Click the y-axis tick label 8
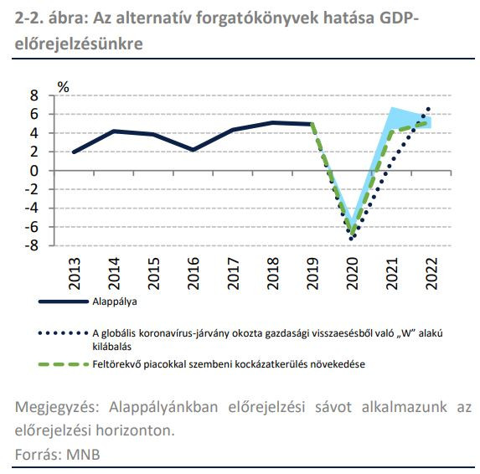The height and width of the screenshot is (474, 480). point(34,95)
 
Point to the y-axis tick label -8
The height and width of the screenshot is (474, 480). point(32,245)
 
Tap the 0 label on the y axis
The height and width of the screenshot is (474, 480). point(34,171)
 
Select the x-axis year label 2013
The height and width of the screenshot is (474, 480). point(75,273)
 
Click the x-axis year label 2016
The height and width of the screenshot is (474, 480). point(194,273)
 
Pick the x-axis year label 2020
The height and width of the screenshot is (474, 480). point(353,273)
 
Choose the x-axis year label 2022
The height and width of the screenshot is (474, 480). point(431,273)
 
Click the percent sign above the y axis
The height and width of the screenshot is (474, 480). point(64,87)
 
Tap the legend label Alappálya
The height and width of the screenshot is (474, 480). point(115,301)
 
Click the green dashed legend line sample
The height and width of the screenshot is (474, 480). point(64,364)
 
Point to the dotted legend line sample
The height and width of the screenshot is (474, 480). point(64,333)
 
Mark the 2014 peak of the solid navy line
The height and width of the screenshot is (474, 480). point(114,131)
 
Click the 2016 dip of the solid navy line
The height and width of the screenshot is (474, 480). point(194,150)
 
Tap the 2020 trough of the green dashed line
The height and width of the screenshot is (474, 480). point(352,234)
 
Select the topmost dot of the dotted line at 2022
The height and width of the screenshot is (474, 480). point(428,109)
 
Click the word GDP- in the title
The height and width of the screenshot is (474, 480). point(399,18)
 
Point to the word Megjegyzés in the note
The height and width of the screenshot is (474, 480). point(57,407)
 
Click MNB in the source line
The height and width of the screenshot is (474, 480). point(83,455)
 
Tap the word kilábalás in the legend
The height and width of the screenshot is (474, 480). point(111,347)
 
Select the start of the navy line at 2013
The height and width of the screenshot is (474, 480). point(74,152)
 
